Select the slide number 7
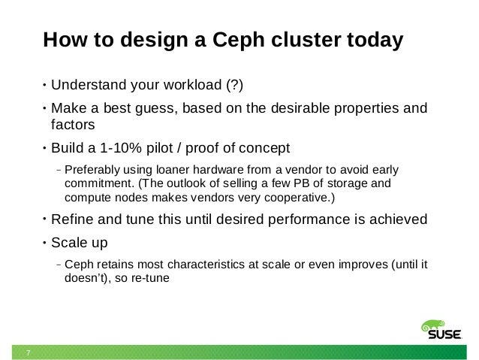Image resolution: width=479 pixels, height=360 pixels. [x=28, y=352]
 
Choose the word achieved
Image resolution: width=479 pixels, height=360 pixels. [x=399, y=220]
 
